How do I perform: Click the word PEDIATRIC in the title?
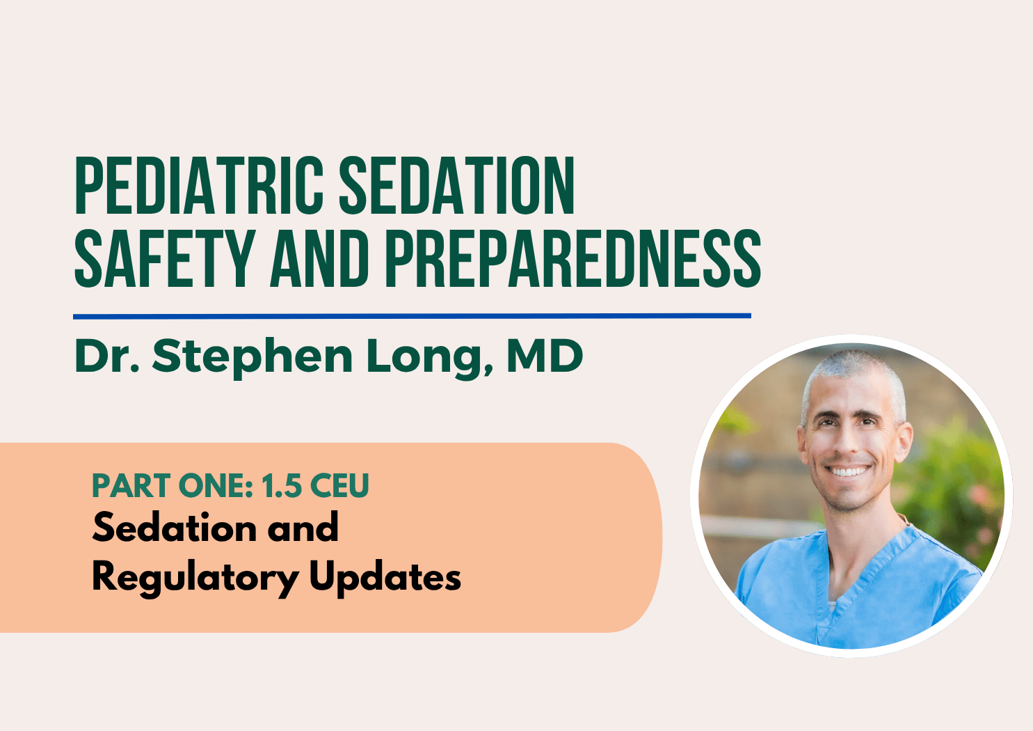point(199,185)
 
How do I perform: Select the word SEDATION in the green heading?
point(457,185)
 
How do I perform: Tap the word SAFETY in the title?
point(165,258)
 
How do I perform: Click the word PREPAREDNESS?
point(573,258)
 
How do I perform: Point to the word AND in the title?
point(320,258)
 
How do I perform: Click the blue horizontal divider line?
point(413,316)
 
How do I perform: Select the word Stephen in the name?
point(253,357)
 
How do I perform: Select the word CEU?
point(339,485)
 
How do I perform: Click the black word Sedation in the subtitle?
point(175,527)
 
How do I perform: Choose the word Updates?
point(385,577)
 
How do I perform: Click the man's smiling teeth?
point(847,471)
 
